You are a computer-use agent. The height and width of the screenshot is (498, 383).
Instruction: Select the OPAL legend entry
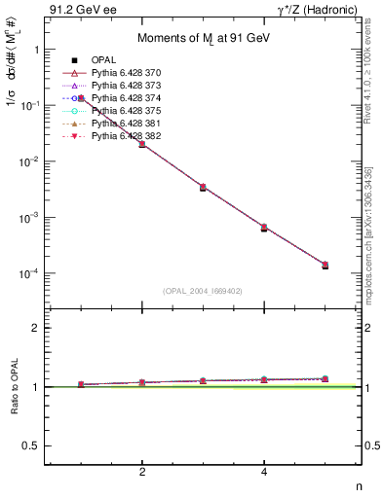pyautogui.click(x=106, y=60)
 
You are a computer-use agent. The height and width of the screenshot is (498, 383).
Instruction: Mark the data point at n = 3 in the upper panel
pyautogui.click(x=203, y=187)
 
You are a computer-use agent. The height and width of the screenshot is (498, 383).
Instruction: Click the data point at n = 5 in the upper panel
pyautogui.click(x=325, y=265)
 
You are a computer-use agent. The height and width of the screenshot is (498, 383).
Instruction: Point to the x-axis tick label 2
pyautogui.click(x=142, y=473)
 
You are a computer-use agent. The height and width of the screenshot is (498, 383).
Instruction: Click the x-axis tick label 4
pyautogui.click(x=264, y=473)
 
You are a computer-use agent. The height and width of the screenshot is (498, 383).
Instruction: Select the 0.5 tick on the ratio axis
pyautogui.click(x=33, y=445)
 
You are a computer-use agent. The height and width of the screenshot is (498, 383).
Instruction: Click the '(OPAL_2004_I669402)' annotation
pyautogui.click(x=203, y=291)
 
